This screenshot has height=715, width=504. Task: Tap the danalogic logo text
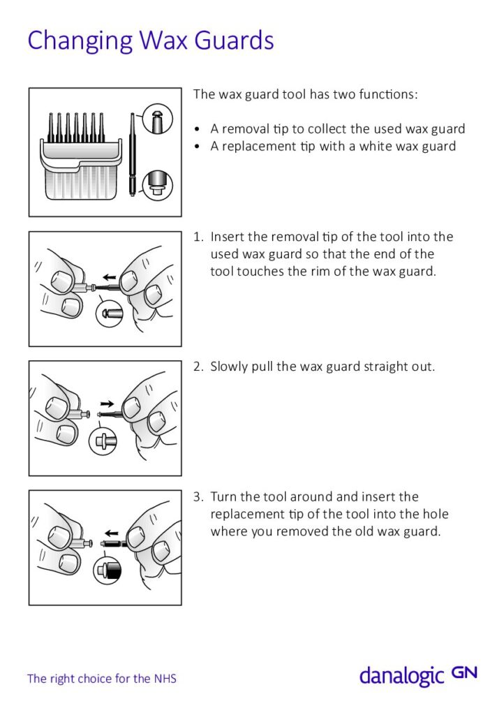coord(401,675)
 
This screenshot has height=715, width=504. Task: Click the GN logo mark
coord(464,672)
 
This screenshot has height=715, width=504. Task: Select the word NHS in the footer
coord(165,678)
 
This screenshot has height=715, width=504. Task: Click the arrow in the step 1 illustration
coord(108,277)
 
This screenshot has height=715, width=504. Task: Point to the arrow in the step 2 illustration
coord(108,404)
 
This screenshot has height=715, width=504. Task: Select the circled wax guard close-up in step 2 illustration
coord(103,441)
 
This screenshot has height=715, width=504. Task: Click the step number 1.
coord(198,237)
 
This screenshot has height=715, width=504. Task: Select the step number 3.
coord(198,497)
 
